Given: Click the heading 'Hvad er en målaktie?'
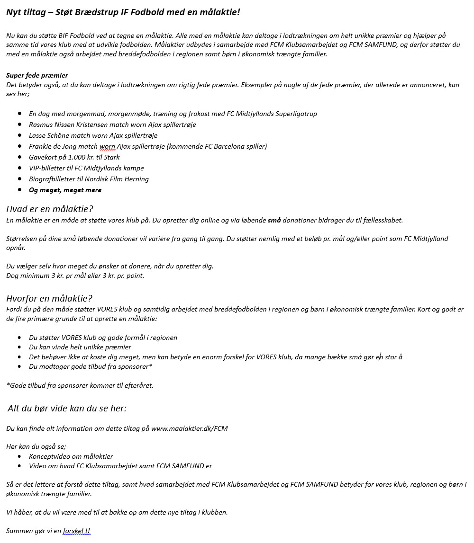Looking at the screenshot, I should point(49,209).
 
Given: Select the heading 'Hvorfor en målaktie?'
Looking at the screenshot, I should point(49,299).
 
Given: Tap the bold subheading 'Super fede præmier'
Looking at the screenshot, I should point(37,75).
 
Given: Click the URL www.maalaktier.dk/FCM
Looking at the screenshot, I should point(190,428).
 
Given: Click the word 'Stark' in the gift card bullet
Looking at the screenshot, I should point(110,157).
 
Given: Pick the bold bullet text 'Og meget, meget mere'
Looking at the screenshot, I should point(65,190).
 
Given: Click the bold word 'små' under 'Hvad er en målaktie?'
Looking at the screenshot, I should point(274,220).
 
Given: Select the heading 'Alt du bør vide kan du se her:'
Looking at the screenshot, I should point(67,408).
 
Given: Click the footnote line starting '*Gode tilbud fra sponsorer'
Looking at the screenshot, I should point(80,385).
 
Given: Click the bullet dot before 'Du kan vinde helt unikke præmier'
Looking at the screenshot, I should point(19,347).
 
